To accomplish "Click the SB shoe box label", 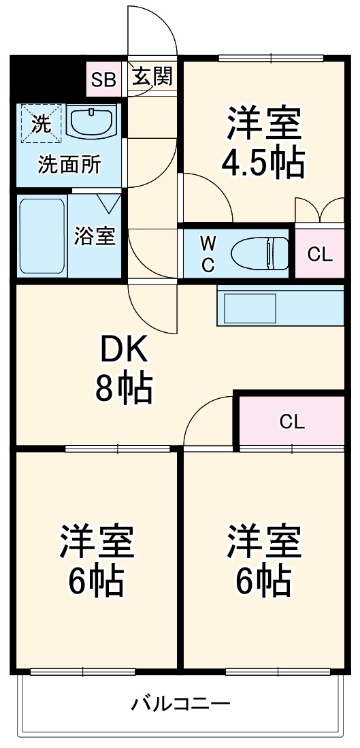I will coord(104,79).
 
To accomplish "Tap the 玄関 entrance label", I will coord(151,77).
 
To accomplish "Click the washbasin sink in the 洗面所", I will coord(93,120).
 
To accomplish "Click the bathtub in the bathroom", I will coord(42,235).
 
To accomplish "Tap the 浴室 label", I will coord(95,238).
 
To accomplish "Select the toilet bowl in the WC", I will coord(259,253).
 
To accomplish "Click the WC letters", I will coord(208,253).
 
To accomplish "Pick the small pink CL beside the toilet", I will coord(319,254).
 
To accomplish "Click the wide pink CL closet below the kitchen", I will coord(291,421).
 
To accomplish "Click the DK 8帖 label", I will coord(124,370).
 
